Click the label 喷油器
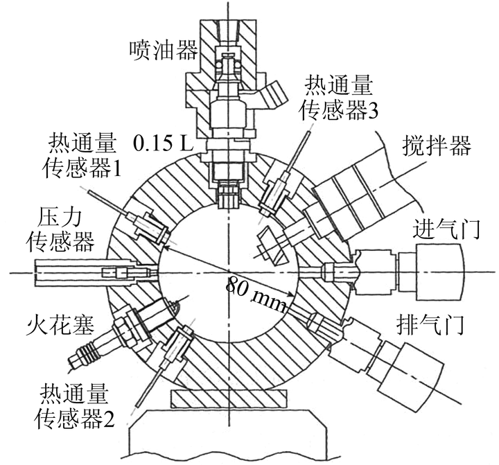coord(164,51)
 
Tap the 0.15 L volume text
coord(164,143)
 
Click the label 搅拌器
coord(437,146)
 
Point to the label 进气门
coord(446,229)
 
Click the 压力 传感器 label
coord(61,230)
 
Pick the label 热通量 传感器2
coord(74,406)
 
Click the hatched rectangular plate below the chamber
coord(229,398)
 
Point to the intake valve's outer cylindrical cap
coord(440,272)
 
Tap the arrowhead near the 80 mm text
coord(289,295)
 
